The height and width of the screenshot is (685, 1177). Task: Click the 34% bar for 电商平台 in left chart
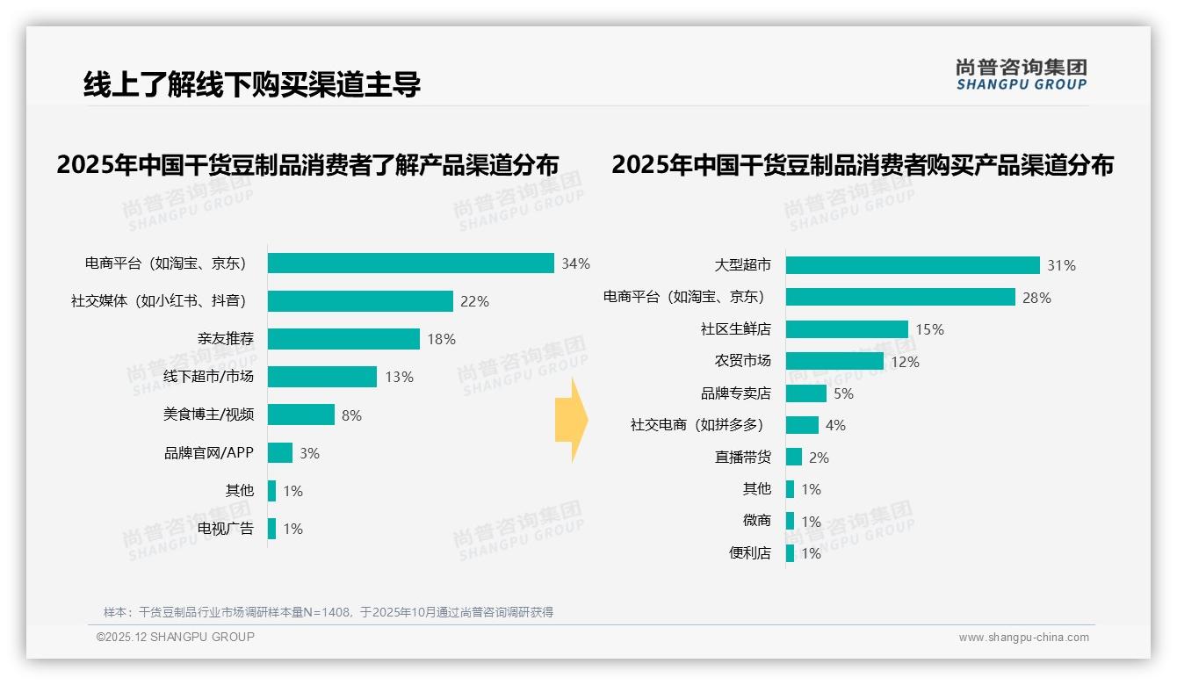(x=410, y=263)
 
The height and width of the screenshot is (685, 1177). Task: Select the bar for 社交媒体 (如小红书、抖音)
(x=360, y=301)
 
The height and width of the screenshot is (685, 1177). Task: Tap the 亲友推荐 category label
(x=225, y=339)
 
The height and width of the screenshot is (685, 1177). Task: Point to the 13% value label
(x=399, y=378)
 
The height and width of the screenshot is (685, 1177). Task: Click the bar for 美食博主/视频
(x=301, y=415)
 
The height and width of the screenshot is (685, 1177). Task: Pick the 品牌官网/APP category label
(x=209, y=453)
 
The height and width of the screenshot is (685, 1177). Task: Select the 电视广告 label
(x=225, y=529)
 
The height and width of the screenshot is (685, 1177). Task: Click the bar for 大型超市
(x=913, y=265)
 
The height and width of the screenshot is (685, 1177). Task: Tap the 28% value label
(x=1036, y=298)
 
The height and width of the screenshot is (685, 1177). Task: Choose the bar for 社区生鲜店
(x=847, y=329)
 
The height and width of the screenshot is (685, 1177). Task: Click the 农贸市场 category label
(x=742, y=361)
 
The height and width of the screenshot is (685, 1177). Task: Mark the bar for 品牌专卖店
(x=806, y=393)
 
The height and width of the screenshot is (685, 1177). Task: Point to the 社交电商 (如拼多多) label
(x=697, y=425)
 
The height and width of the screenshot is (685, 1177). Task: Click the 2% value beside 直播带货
(x=819, y=458)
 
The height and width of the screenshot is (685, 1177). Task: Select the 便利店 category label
(x=749, y=553)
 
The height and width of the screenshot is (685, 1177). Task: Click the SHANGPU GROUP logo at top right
(x=1021, y=75)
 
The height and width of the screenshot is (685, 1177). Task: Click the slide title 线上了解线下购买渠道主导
(x=252, y=84)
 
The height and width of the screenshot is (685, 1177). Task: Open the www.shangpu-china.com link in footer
(x=1023, y=638)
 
